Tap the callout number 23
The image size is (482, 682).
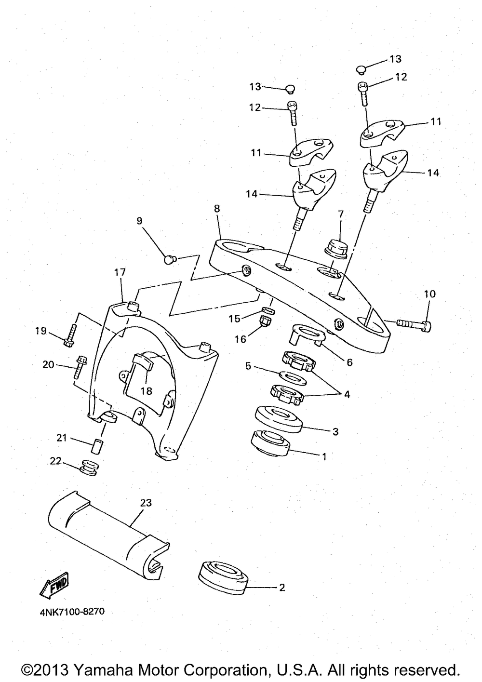pos(146,503)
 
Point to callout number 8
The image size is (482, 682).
pos(217,209)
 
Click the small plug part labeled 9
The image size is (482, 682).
pos(168,260)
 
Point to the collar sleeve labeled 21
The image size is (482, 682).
pos(98,445)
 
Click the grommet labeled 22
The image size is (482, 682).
pos(89,468)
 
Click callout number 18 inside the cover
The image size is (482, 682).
pos(146,391)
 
